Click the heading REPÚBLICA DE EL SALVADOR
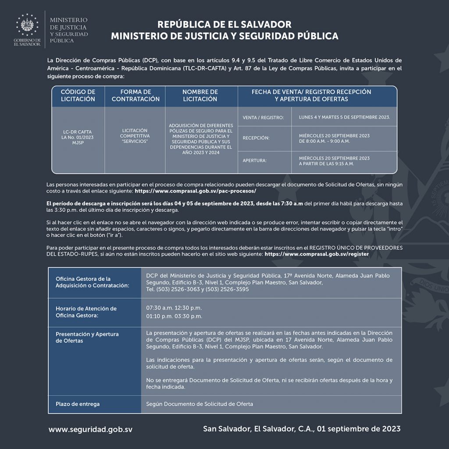(224, 24)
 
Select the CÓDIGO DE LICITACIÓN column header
(78, 96)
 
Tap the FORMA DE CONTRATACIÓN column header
(135, 96)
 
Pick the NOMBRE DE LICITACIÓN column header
(200, 96)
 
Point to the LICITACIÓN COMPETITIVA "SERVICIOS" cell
(135, 136)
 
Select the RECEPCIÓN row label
(256, 139)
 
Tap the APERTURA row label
(255, 160)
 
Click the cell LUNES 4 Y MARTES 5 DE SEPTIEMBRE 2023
(344, 118)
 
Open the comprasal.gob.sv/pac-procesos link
(196, 192)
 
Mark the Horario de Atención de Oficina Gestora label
(86, 312)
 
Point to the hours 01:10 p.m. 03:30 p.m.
(174, 316)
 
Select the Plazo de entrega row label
(78, 404)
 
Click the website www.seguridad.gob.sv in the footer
(90, 429)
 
